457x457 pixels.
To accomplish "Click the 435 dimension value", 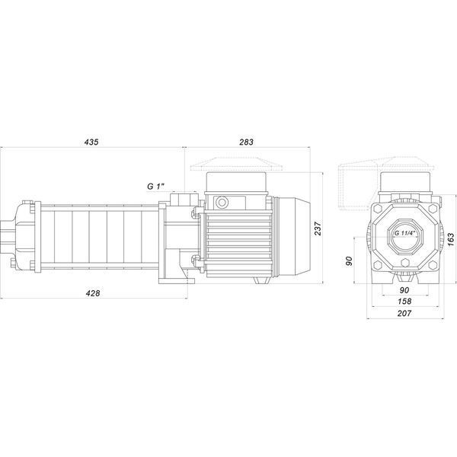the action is pos(91,142).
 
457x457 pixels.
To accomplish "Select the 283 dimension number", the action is pos(246,142).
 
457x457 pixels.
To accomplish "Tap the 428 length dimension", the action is pos(93,293).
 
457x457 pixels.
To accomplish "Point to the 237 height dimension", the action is pos(318,228).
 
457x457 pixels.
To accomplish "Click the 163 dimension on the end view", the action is pos(451,239).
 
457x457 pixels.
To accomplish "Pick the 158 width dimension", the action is pos(404,301).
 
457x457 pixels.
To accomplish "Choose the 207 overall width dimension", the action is pos(404,313).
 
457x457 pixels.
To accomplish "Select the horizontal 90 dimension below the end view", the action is pos(404,290).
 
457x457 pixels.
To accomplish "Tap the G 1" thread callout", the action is pos(156,187).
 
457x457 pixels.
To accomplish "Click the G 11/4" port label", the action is pos(404,233).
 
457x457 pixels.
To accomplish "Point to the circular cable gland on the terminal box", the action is pos(222,203).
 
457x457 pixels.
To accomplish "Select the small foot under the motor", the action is pos(262,280).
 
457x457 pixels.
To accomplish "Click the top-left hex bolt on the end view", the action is pos(377,209).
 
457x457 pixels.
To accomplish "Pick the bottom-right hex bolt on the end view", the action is pos(433,265).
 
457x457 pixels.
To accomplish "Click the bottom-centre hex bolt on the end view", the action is pos(405,263).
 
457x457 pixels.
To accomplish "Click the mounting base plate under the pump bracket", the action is pos(177,281).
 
